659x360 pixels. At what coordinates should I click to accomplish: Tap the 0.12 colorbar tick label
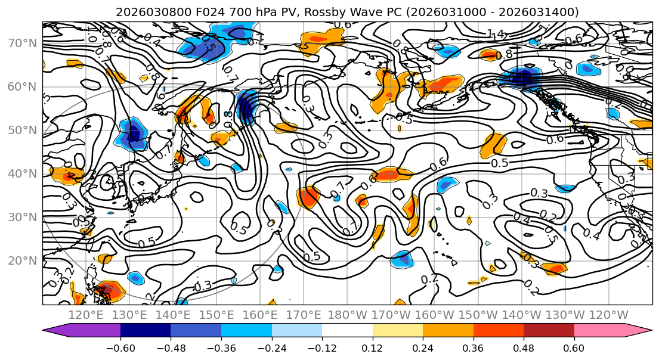(x=372, y=347)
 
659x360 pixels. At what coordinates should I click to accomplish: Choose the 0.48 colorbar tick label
(x=524, y=347)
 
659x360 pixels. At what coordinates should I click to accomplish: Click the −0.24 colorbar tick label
(x=271, y=347)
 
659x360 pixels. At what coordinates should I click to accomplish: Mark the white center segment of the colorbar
(x=347, y=331)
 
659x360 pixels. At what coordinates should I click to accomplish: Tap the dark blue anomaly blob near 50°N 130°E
(x=134, y=132)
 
